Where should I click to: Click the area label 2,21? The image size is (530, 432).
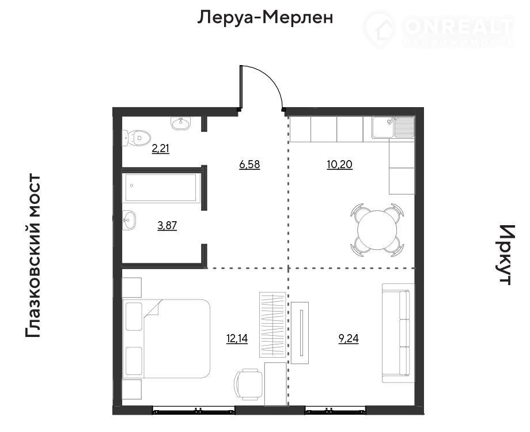[161, 149]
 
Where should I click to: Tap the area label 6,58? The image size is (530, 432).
[249, 165]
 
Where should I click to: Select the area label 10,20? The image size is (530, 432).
[340, 165]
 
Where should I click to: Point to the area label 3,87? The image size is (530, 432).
[167, 225]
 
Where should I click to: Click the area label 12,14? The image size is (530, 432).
[237, 338]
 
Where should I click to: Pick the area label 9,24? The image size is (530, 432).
[349, 338]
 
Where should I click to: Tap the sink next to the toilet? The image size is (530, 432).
[181, 123]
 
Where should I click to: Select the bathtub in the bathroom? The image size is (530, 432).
[161, 188]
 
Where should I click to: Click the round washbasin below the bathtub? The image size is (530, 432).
[129, 221]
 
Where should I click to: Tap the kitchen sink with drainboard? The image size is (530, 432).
[393, 127]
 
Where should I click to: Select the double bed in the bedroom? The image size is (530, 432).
[166, 338]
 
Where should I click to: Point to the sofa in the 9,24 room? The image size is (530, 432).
[398, 333]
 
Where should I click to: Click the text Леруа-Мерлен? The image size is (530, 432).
[266, 18]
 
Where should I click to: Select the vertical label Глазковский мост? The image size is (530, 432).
[33, 256]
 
